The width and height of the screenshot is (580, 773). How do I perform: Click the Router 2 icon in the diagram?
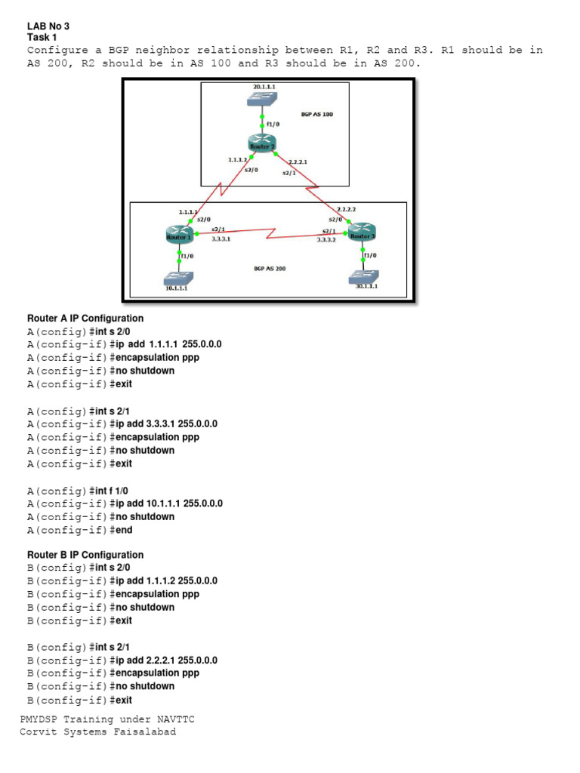tap(263, 143)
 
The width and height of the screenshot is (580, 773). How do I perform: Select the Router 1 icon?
tap(179, 235)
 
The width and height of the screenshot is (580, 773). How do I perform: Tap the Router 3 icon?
tap(362, 233)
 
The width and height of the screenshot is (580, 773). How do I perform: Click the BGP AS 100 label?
tap(317, 115)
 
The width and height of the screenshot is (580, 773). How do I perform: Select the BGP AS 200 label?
tap(270, 268)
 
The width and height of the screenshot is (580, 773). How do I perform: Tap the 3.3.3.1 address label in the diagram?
tap(221, 239)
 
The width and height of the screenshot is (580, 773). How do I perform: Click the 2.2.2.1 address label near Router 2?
tap(298, 162)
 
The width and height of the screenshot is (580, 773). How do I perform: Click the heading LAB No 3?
tap(48, 26)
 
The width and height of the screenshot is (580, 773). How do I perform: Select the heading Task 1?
tap(42, 36)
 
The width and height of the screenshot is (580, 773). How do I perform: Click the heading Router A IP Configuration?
tap(85, 318)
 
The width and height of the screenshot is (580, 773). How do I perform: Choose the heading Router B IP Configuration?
tap(85, 555)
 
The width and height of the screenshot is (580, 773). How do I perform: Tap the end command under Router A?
tap(124, 530)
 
